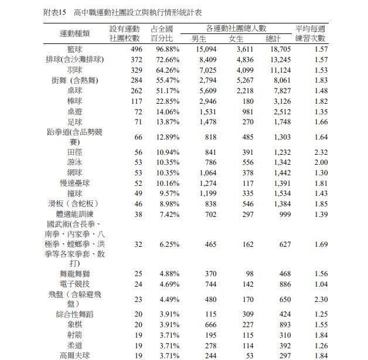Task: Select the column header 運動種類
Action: click(x=74, y=34)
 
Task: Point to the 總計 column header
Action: click(x=273, y=39)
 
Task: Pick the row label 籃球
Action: click(x=74, y=49)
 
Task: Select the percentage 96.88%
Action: click(x=166, y=49)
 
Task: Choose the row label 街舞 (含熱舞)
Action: click(x=74, y=80)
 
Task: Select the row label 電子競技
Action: click(x=74, y=284)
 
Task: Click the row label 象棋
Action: click(x=74, y=324)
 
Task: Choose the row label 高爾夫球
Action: click(x=74, y=355)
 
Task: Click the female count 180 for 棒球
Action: click(x=247, y=101)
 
